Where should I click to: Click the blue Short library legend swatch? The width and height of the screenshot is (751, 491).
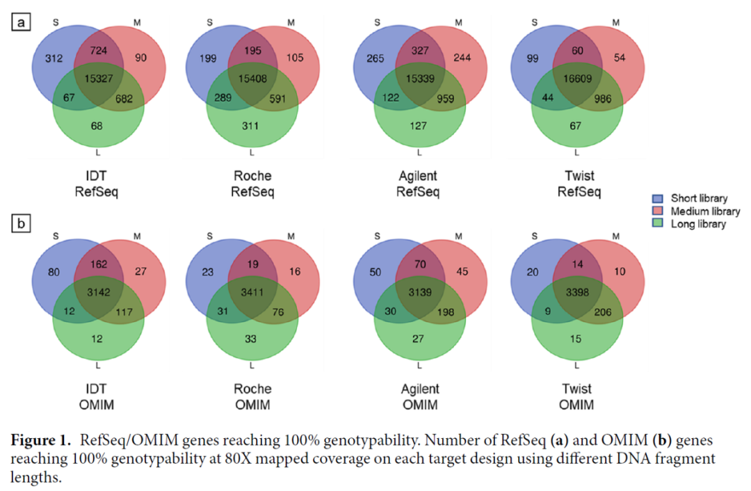[x=657, y=199]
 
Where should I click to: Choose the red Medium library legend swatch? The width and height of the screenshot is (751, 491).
[x=657, y=211]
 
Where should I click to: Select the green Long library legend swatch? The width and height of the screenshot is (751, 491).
[x=657, y=224]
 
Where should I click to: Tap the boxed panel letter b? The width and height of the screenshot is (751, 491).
[x=21, y=224]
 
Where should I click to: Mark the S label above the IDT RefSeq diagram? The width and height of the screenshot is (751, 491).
[x=56, y=22]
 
